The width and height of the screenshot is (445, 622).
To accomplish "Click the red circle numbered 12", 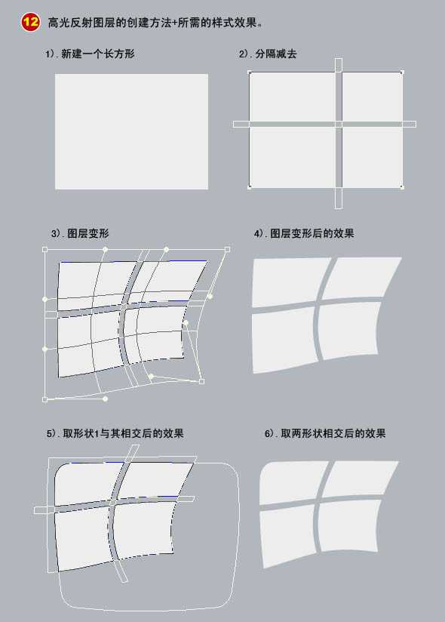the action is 30,22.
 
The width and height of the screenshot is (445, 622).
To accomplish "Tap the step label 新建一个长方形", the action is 98,54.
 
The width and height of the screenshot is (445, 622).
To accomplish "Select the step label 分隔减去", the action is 275,54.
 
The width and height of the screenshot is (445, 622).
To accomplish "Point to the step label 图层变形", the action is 88,233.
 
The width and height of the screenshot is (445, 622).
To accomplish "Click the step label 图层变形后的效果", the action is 311,233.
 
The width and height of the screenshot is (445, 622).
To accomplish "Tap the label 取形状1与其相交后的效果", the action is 123,433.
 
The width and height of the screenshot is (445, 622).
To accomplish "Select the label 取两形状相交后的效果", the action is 333,433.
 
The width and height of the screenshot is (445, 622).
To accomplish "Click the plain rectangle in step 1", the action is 131,131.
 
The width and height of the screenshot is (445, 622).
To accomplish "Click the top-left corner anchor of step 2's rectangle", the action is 250,72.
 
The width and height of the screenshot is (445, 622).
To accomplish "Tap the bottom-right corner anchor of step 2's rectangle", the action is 402,186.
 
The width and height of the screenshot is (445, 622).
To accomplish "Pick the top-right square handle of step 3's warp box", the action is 228,250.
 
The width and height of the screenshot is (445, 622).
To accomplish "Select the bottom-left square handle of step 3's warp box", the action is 44,399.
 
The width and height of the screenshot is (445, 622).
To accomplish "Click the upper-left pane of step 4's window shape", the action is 290,282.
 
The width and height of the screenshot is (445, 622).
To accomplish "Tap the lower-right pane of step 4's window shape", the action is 348,329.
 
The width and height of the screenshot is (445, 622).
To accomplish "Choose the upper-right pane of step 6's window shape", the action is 357,478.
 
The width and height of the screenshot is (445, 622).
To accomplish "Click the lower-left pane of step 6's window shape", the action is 287,535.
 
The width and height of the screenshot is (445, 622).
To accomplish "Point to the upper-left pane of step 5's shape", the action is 87,484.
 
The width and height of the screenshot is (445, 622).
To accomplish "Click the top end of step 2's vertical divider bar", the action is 339,59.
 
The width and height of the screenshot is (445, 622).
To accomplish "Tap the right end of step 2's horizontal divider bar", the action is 415,124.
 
